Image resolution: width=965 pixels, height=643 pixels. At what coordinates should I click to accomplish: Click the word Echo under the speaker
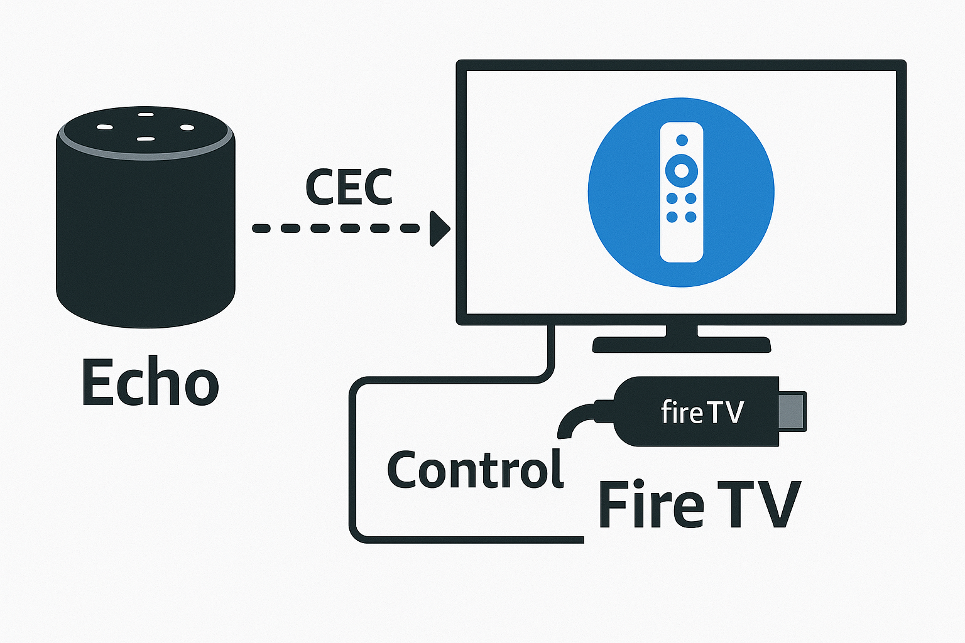click(x=150, y=382)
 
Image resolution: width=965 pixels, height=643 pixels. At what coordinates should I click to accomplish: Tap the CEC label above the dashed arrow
click(x=349, y=187)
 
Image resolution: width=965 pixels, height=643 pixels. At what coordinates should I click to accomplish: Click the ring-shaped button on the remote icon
click(x=681, y=169)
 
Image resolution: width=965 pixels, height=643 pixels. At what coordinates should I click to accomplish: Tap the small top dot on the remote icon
click(x=681, y=139)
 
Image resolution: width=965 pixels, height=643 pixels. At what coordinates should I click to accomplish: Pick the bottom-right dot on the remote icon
click(x=690, y=217)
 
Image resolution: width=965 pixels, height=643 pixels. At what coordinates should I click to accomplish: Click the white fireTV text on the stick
click(x=702, y=413)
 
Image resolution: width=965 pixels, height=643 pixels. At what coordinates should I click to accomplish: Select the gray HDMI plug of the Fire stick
click(x=792, y=411)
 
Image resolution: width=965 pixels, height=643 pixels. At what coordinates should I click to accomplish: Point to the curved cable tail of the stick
click(x=575, y=418)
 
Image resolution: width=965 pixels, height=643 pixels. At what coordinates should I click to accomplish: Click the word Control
click(x=475, y=470)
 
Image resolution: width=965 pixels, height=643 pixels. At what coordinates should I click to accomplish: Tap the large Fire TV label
click(x=699, y=504)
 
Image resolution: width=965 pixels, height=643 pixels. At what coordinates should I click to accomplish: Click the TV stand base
click(x=682, y=345)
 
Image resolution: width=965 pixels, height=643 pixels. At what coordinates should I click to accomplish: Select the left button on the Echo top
click(x=105, y=127)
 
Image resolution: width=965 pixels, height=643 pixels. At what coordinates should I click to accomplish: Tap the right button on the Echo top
click(x=187, y=127)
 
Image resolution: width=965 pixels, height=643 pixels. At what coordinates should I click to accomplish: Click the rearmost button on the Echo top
click(x=146, y=115)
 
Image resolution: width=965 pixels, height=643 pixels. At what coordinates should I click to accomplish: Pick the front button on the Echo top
click(x=146, y=139)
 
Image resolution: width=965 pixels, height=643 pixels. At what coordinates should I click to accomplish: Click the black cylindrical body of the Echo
click(x=146, y=239)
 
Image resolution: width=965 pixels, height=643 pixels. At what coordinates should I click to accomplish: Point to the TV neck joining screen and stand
click(x=682, y=331)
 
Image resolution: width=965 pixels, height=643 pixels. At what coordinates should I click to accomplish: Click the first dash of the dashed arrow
click(x=262, y=229)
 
